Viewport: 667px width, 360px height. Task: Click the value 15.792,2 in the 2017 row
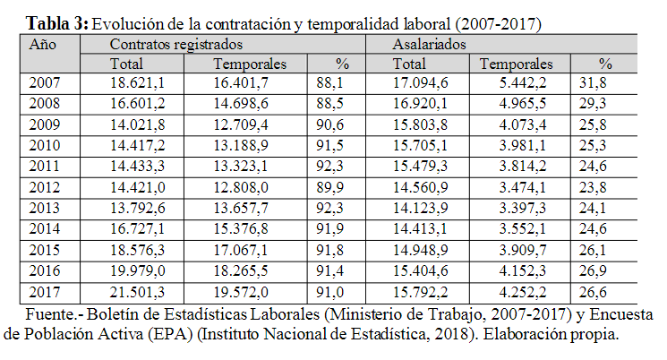click(x=419, y=293)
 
